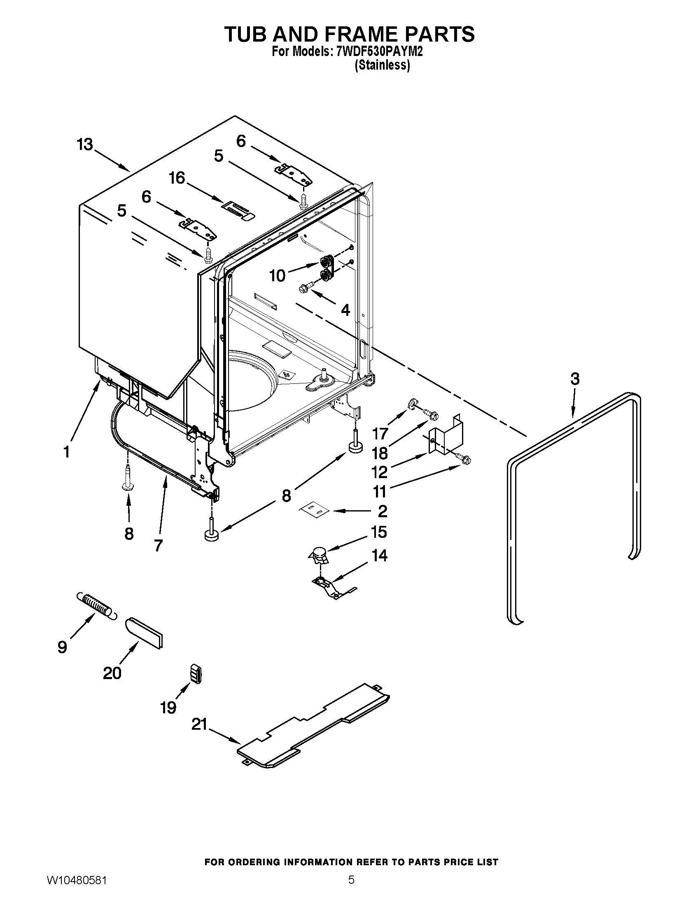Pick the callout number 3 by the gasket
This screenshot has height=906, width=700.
575,379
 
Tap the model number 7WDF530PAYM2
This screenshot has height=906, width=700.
380,52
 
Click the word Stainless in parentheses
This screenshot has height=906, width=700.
383,65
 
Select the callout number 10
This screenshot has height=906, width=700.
278,276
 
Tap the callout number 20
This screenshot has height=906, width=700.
112,672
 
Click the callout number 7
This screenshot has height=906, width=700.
158,545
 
